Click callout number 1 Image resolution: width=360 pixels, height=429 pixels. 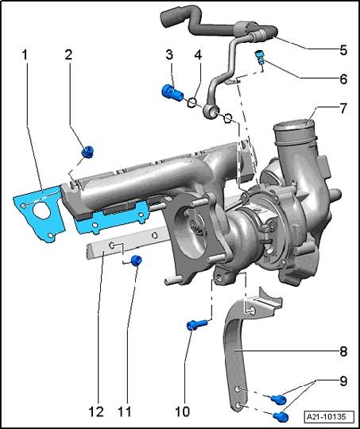pyautogui.click(x=25, y=55)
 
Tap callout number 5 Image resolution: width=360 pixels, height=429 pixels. pyautogui.click(x=343, y=50)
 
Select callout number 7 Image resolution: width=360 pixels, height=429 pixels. pyautogui.click(x=343, y=108)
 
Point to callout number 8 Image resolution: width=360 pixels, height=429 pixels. pyautogui.click(x=343, y=351)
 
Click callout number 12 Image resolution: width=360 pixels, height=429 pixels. pyautogui.click(x=96, y=412)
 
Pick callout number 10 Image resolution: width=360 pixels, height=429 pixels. pyautogui.click(x=182, y=412)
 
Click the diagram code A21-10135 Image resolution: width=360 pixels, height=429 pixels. pyautogui.click(x=326, y=417)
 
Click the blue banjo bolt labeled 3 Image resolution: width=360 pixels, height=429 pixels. pyautogui.click(x=172, y=92)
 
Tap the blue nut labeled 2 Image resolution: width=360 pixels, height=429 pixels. pyautogui.click(x=88, y=152)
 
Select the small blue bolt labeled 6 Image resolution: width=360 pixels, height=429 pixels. pyautogui.click(x=260, y=56)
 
